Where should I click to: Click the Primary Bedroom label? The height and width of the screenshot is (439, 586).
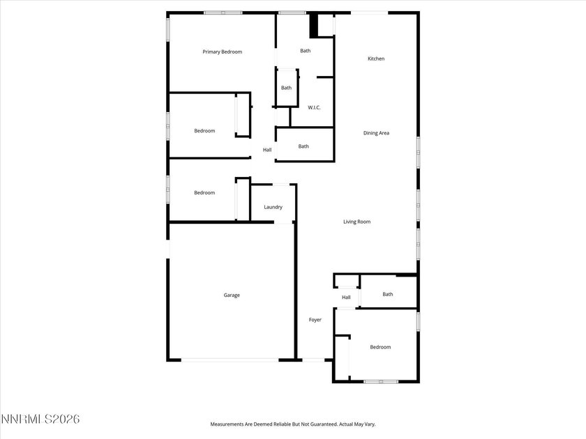tap(222, 52)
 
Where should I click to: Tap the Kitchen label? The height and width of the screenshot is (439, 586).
tap(376, 59)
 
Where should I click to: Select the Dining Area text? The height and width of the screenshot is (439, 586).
tap(376, 132)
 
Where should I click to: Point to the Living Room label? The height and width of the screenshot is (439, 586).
tap(356, 222)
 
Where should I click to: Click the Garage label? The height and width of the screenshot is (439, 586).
tap(232, 295)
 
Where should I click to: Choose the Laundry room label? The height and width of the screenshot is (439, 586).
tap(273, 207)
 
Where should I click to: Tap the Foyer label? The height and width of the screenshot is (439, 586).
tap(315, 319)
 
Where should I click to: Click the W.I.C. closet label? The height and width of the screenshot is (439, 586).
tap(314, 107)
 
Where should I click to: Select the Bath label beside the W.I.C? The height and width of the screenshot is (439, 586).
tap(286, 88)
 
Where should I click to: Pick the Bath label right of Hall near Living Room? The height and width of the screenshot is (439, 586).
tap(387, 294)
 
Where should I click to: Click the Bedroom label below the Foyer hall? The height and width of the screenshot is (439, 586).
tap(380, 347)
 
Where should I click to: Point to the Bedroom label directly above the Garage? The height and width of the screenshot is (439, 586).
tap(204, 192)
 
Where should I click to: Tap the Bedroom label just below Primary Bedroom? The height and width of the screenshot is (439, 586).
tap(204, 131)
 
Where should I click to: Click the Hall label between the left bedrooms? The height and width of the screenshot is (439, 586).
tap(267, 150)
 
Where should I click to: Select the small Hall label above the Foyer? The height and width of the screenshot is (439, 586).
tap(346, 298)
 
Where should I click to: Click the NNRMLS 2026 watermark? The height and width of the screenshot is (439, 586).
tap(40, 419)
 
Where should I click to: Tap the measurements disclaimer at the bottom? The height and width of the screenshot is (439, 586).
tap(293, 424)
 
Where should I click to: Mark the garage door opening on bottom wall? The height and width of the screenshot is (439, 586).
tap(230, 360)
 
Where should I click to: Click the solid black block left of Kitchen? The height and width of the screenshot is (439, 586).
tap(314, 25)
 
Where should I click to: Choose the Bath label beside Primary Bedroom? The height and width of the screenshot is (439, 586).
tap(306, 50)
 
